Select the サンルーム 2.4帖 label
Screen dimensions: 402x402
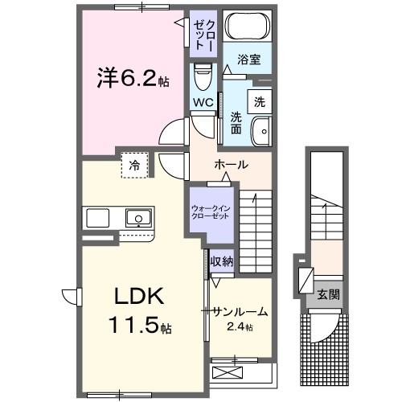pyautogui.click(x=239, y=317)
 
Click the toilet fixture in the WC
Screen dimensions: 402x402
pyautogui.click(x=202, y=78)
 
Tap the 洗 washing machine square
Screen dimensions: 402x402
pyautogui.click(x=260, y=102)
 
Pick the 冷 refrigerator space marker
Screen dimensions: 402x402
pyautogui.click(x=133, y=165)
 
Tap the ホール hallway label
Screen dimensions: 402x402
pyautogui.click(x=230, y=164)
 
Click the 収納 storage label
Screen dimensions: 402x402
pyautogui.click(x=222, y=260)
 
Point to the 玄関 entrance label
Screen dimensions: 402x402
pyautogui.click(x=328, y=294)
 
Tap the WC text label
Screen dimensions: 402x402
pyautogui.click(x=202, y=103)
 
